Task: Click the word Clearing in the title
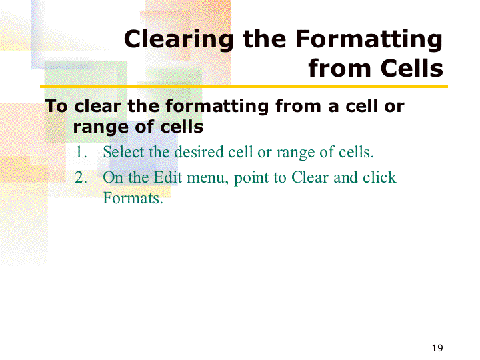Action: click(179, 39)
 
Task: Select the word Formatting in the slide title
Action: click(369, 39)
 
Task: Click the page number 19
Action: click(437, 348)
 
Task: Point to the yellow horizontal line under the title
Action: click(244, 87)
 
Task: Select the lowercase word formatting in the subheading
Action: click(217, 107)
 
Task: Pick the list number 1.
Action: click(81, 152)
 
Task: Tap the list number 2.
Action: click(81, 177)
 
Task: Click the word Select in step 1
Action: click(123, 152)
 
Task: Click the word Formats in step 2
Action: click(133, 198)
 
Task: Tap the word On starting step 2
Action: click(113, 177)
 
